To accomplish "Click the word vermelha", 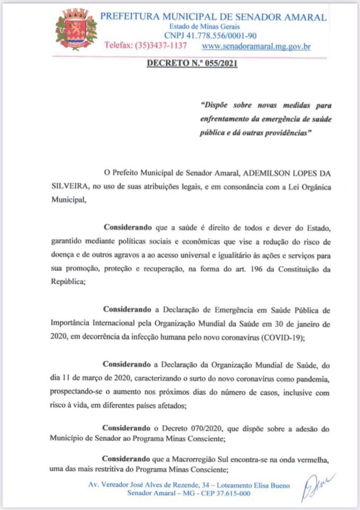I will [312, 458].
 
